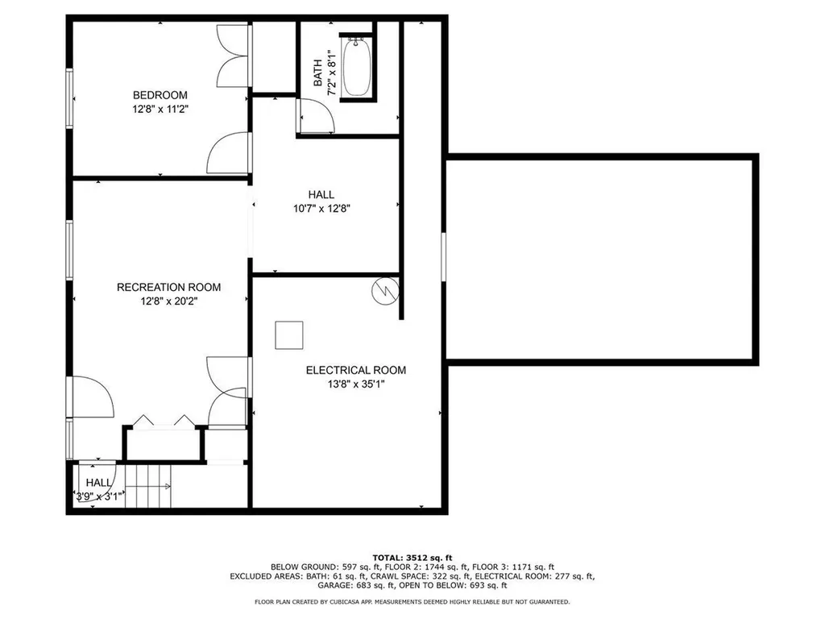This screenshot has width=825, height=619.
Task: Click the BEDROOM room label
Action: (x=160, y=95)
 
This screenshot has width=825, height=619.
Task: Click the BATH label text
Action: (x=318, y=73)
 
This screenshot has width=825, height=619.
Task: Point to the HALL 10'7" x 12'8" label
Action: (x=321, y=201)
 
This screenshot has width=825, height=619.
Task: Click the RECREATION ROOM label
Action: (x=168, y=287)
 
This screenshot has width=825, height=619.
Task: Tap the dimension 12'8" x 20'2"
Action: (x=168, y=301)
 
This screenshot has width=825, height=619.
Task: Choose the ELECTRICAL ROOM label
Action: (x=355, y=370)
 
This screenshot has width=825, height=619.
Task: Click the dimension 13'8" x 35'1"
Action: (x=355, y=384)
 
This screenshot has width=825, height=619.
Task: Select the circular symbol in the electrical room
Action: (x=384, y=291)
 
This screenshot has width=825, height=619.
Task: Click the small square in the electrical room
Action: (x=289, y=334)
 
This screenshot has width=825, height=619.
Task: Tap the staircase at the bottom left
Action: (x=148, y=486)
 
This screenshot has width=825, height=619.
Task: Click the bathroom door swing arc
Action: (x=317, y=117)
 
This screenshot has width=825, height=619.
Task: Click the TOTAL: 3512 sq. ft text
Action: (x=412, y=557)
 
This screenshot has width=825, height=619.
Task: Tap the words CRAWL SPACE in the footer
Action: (x=396, y=576)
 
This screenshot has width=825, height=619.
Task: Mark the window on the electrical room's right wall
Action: (x=443, y=256)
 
